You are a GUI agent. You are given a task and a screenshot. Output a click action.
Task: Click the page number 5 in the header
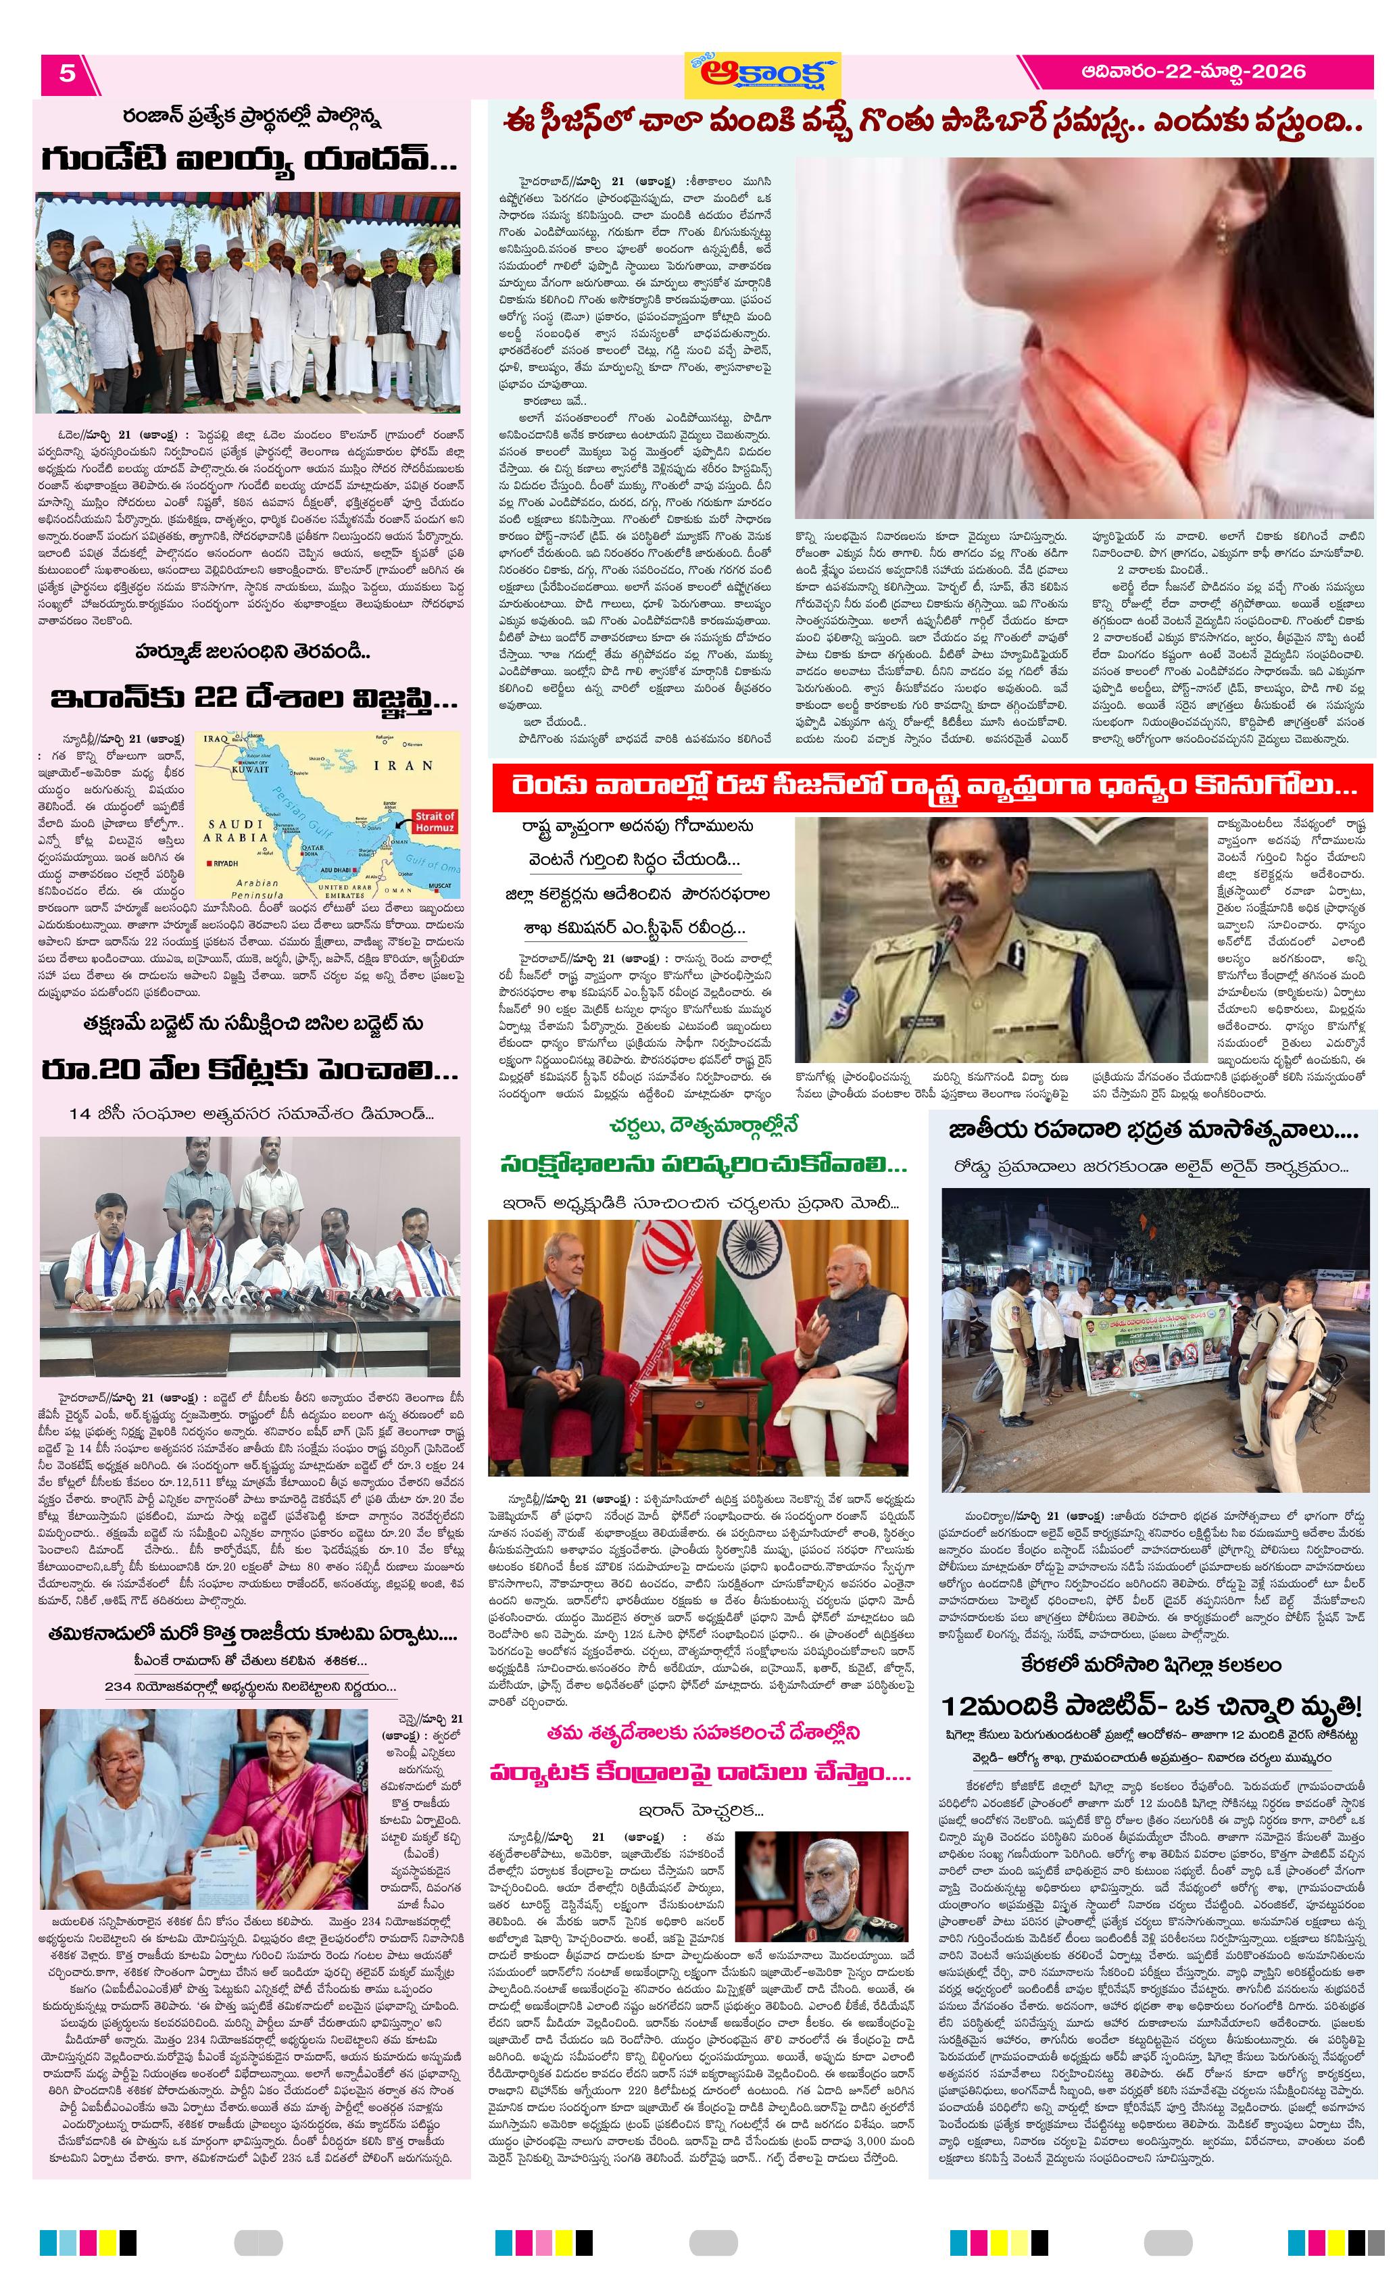[x=67, y=73]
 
